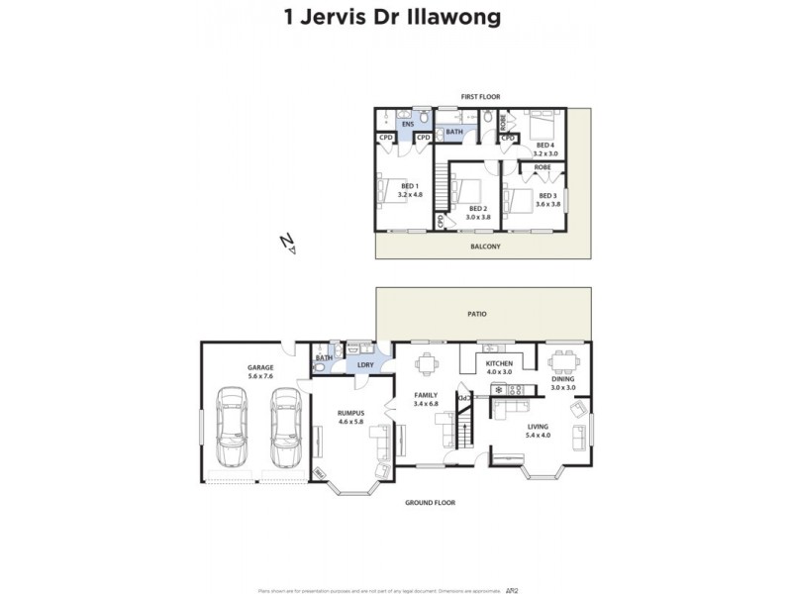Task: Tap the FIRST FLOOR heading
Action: pyautogui.click(x=480, y=96)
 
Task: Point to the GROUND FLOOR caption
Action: pyautogui.click(x=430, y=503)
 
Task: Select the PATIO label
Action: pyautogui.click(x=477, y=314)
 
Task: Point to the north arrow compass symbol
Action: pyautogui.click(x=287, y=243)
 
